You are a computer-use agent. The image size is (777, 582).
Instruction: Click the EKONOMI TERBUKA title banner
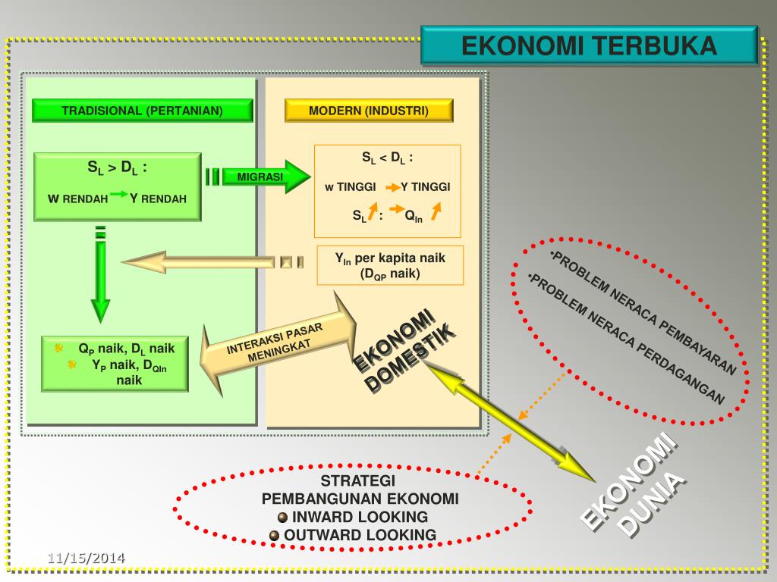589,45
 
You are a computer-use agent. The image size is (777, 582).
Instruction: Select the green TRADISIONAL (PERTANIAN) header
142,111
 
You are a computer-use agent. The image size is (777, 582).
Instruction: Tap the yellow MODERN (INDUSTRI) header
369,111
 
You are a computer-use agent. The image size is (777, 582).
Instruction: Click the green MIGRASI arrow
258,177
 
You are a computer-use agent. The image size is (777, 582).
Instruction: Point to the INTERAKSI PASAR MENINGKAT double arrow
278,344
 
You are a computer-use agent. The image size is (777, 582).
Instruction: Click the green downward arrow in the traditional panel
101,274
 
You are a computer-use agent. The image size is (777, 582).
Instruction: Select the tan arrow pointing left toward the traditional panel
213,261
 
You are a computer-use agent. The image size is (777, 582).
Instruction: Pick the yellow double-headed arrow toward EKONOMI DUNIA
511,421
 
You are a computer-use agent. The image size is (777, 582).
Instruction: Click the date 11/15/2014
87,559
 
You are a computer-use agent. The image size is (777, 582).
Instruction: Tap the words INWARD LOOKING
360,517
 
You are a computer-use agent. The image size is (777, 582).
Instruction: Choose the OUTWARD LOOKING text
360,535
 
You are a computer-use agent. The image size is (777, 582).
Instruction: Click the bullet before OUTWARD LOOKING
275,536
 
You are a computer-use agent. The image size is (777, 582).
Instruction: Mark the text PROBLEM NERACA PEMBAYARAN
643,313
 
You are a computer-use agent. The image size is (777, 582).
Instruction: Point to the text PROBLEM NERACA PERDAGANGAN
626,339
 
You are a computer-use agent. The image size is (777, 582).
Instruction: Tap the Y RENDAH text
158,199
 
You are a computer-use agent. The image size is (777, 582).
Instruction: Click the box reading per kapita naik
390,265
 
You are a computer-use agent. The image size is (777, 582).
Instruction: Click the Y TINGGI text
426,186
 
